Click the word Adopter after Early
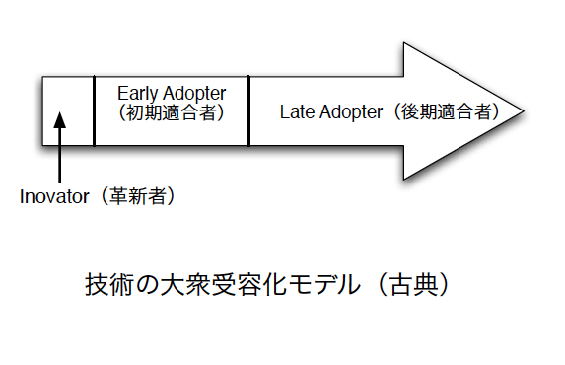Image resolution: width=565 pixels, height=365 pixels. [194, 94]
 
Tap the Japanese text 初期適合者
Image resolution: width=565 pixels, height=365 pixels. [172, 112]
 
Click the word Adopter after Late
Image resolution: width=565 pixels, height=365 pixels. [351, 112]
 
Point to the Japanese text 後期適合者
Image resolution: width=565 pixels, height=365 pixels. [446, 111]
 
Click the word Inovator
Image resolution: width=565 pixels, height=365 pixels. [54, 197]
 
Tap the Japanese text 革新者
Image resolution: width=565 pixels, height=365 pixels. [138, 196]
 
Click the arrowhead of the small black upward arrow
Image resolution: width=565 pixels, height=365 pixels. [60, 120]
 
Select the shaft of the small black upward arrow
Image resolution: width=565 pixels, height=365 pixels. [60, 155]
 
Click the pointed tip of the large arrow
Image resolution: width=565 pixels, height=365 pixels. [524, 111]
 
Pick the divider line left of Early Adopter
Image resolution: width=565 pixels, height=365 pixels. [94, 110]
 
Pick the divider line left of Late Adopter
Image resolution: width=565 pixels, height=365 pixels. [249, 110]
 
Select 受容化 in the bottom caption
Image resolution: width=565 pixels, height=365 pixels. [248, 284]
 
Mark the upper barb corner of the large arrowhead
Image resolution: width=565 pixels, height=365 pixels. [404, 43]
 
